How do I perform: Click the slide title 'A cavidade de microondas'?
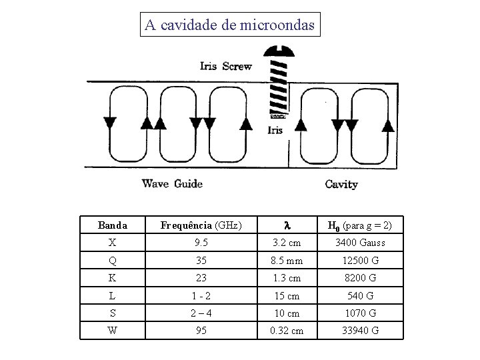231,25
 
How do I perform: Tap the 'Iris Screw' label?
226,65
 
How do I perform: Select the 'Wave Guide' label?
172,183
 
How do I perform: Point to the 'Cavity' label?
341,184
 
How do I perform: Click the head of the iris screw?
277,51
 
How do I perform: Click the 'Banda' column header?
112,225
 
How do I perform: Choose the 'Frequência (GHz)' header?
201,225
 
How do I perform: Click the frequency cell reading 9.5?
201,243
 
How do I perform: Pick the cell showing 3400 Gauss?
360,243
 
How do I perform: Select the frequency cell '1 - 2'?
201,295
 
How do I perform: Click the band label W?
112,330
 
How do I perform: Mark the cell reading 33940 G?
360,330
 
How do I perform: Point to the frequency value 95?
201,330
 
